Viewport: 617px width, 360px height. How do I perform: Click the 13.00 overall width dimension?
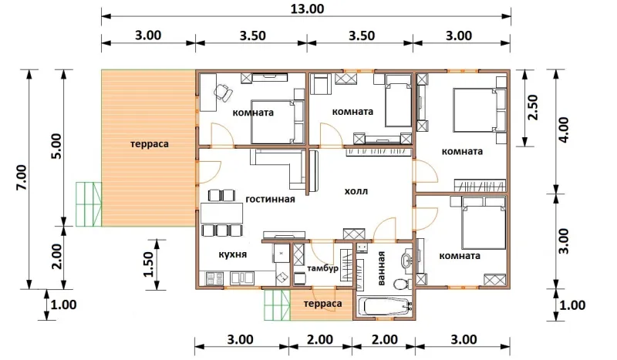pos(307,8)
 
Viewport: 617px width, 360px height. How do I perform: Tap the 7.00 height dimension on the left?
pos(22,177)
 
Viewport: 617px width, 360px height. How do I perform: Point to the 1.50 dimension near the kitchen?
pos(148,264)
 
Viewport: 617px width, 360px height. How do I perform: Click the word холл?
pos(356,192)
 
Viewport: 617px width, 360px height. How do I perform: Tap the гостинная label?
pos(270,200)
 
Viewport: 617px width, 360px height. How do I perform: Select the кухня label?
pos(233,254)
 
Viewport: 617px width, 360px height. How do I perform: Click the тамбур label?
pos(322,269)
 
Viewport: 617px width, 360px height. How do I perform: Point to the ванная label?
pos(381,268)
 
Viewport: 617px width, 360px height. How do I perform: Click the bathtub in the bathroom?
pos(386,306)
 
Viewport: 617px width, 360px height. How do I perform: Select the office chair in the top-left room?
pos(223,93)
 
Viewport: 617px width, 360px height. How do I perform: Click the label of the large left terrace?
pos(149,144)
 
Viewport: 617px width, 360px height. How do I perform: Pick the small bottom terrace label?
pos(322,304)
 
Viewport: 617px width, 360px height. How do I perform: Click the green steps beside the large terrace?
pos(89,204)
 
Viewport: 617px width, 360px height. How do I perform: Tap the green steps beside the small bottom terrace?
pos(277,305)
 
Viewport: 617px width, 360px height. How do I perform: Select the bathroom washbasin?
pos(406,260)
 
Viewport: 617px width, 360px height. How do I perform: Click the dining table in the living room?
pos(221,213)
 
